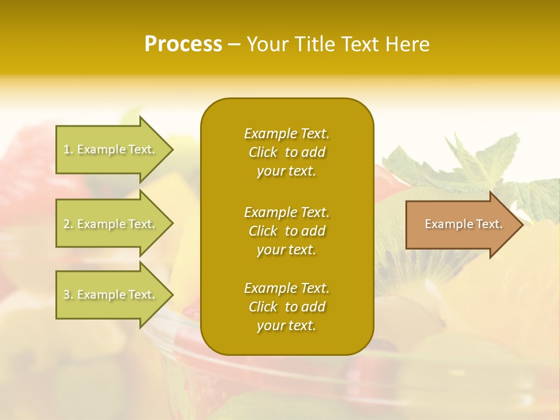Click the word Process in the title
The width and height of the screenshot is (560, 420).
[x=183, y=44]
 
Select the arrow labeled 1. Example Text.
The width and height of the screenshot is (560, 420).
[x=111, y=149]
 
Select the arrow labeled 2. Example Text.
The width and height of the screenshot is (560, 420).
[x=111, y=224]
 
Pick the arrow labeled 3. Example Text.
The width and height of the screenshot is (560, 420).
[x=111, y=295]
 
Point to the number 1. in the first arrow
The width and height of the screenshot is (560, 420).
[x=68, y=149]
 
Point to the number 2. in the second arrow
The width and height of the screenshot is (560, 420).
[x=68, y=224]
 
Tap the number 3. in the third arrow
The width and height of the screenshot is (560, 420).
[x=68, y=295]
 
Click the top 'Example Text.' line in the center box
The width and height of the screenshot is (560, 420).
[x=286, y=134]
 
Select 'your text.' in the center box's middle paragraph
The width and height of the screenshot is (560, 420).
[x=286, y=250]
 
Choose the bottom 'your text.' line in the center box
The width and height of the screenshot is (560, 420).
[x=286, y=326]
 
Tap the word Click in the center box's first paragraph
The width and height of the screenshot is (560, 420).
[x=263, y=152]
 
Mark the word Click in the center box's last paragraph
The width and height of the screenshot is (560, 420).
[x=263, y=307]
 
